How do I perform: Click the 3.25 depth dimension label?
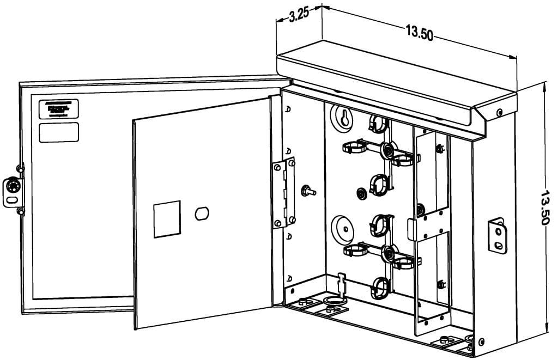click(x=299, y=15)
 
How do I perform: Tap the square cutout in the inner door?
click(x=167, y=219)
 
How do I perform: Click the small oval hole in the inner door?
click(x=202, y=213)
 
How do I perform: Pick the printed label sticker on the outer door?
click(x=59, y=109)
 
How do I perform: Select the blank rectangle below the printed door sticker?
click(x=59, y=132)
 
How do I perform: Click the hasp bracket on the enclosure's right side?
click(x=496, y=235)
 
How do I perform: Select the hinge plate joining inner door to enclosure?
click(x=284, y=193)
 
